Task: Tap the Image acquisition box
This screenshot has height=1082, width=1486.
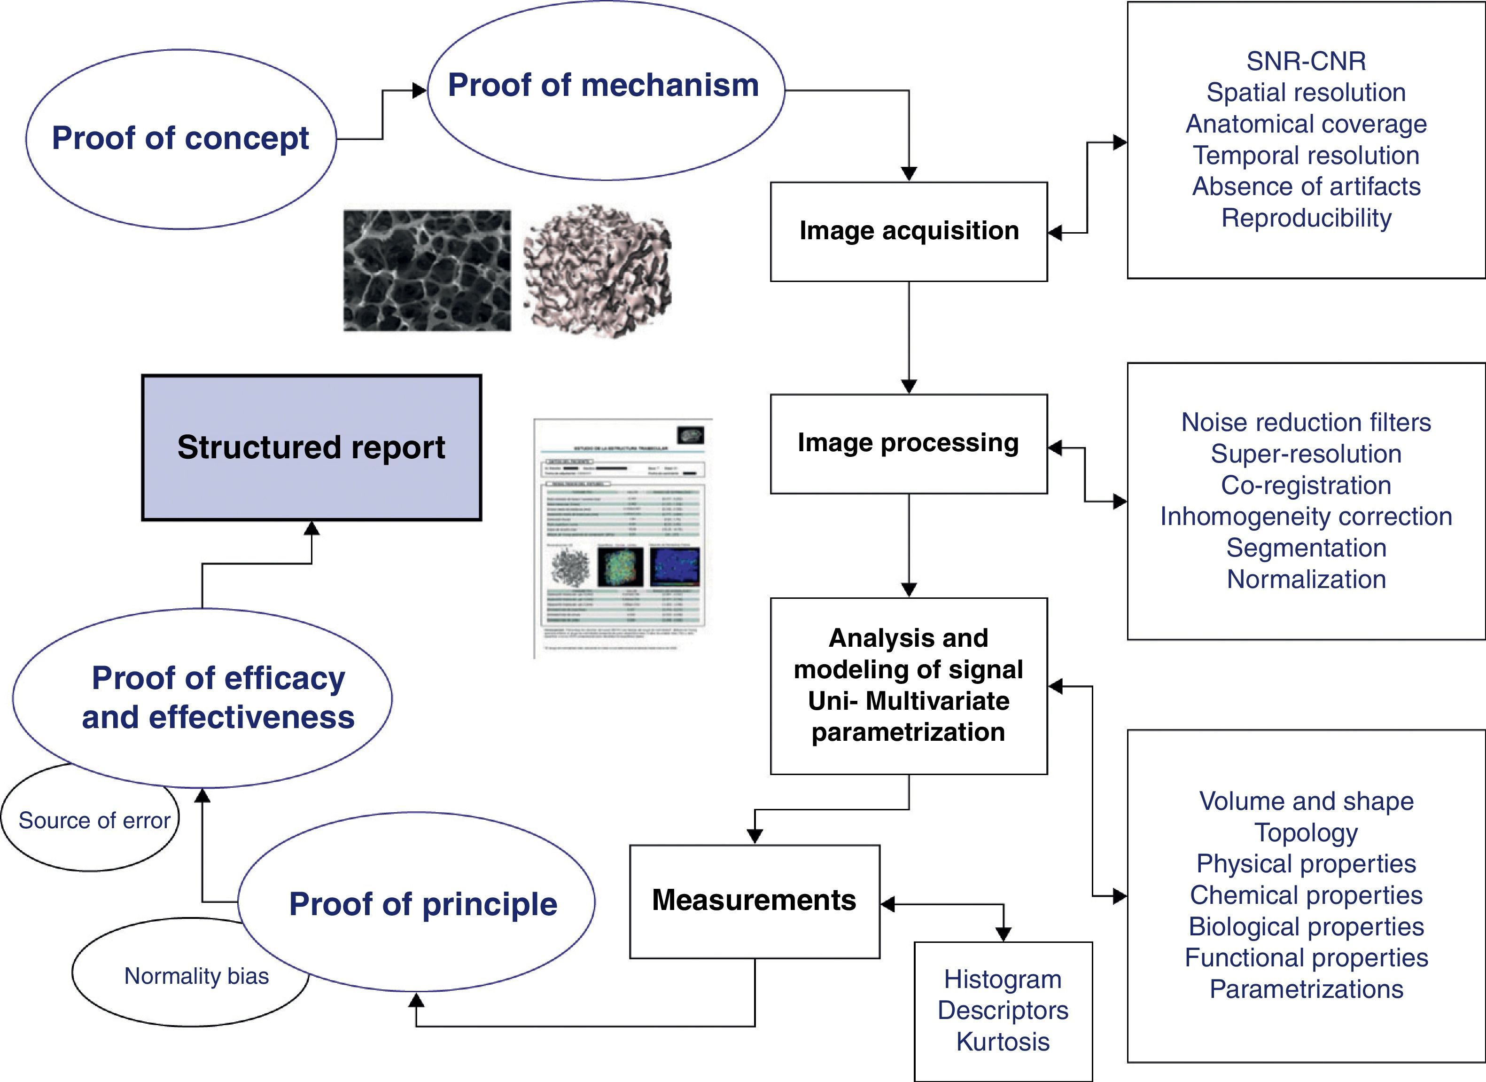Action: coord(909,231)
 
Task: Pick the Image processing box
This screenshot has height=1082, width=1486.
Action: coord(909,444)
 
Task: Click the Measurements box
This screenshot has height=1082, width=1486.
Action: coord(754,901)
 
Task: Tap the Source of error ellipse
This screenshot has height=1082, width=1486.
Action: coord(93,821)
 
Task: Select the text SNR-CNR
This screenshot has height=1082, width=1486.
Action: coord(1306,62)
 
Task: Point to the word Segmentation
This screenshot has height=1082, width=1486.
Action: coord(1306,548)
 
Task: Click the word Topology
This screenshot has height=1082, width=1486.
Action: coord(1306,833)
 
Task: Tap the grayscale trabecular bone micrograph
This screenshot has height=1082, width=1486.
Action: coord(427,270)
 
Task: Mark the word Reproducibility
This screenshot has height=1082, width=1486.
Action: coord(1306,218)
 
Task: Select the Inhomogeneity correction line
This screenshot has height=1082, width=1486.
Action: coord(1306,517)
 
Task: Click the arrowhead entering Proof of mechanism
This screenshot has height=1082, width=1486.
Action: coord(420,90)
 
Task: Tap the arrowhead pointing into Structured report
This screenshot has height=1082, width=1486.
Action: coord(312,528)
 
